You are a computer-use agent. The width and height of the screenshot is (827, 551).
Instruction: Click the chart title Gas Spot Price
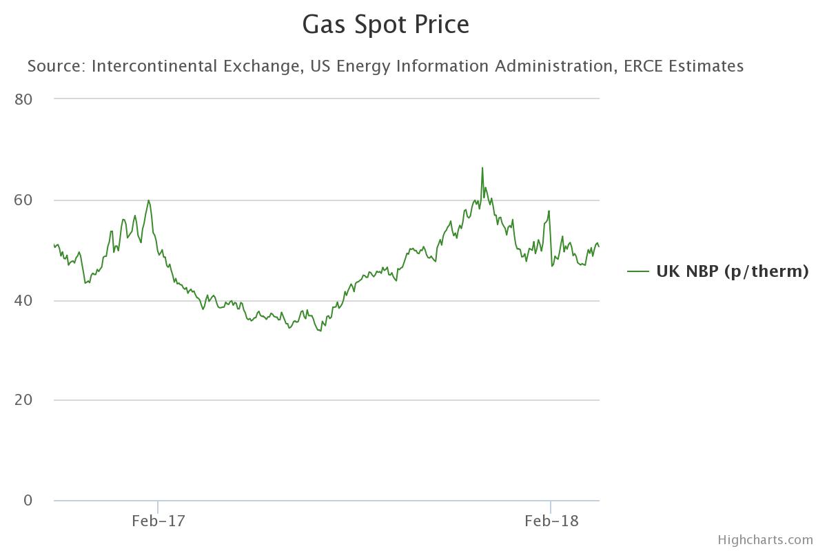(386, 25)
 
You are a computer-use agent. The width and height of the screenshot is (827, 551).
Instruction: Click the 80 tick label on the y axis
(23, 99)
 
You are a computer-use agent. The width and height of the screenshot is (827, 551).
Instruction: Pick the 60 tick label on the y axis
(23, 200)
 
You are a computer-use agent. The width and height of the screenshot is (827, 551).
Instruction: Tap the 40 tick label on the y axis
(23, 300)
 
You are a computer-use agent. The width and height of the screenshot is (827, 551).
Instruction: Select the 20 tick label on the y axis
(23, 400)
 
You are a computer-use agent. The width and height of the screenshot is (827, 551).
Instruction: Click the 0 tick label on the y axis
(28, 501)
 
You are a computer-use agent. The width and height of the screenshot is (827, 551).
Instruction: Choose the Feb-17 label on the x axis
(159, 521)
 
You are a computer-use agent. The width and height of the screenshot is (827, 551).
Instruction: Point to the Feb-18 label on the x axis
(551, 521)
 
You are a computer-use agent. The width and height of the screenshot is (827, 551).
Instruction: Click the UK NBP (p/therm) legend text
(732, 271)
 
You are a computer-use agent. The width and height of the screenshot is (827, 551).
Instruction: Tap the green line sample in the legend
(638, 271)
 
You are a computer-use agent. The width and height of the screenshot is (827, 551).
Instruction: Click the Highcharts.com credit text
(765, 540)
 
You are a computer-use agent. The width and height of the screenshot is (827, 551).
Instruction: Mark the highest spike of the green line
(482, 167)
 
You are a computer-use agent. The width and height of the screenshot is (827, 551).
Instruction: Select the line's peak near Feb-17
(148, 200)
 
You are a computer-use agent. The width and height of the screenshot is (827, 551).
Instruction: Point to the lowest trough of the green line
(320, 331)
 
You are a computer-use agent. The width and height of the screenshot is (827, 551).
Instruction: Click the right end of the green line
(599, 247)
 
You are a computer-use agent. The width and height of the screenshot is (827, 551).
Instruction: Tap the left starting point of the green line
(54, 245)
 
